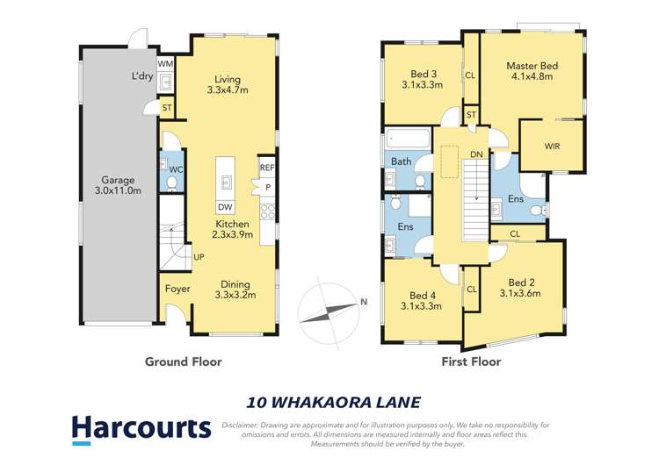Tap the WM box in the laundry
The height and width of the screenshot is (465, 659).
click(x=164, y=65)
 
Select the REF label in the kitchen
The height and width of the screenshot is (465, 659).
click(x=266, y=167)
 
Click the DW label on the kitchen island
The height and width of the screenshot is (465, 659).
click(x=225, y=206)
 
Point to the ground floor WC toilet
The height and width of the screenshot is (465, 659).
click(x=171, y=182)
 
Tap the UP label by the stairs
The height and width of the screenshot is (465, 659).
click(x=199, y=258)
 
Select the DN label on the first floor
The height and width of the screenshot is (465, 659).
click(x=476, y=155)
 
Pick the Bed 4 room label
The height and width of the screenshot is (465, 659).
click(x=423, y=300)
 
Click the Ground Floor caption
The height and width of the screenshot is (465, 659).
click(x=183, y=361)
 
